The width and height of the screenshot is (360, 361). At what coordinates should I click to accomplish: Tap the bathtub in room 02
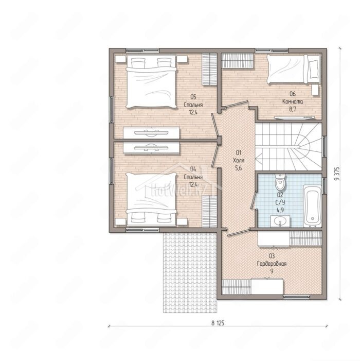pos(312,206)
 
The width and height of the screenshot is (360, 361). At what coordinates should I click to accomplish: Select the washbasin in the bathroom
pos(280,221)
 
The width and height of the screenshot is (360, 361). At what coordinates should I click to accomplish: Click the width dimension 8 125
pos(218,323)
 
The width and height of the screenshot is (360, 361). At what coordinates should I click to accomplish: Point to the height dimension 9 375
pos(337,174)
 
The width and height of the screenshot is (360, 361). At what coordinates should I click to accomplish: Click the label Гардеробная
pos(272,264)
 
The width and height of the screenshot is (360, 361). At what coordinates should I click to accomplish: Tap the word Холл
pos(239,161)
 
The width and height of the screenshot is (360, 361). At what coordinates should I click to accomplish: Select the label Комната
pos(293,101)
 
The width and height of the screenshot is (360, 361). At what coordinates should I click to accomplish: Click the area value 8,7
pos(293,109)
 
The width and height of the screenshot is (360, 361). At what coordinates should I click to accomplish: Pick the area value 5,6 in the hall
pos(239,168)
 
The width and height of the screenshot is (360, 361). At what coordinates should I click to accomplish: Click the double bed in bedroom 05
pos(151,81)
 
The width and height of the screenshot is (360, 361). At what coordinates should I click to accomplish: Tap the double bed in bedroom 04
pos(151,199)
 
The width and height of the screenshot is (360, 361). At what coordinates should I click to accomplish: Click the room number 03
pos(272,256)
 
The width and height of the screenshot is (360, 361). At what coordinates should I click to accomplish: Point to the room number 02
pos(280,195)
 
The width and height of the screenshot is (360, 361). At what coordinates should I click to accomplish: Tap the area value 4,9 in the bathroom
pos(280,210)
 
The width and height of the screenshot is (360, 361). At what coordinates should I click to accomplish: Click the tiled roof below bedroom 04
pos(190,272)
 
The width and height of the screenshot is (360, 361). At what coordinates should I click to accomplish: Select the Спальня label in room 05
pos(193,105)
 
